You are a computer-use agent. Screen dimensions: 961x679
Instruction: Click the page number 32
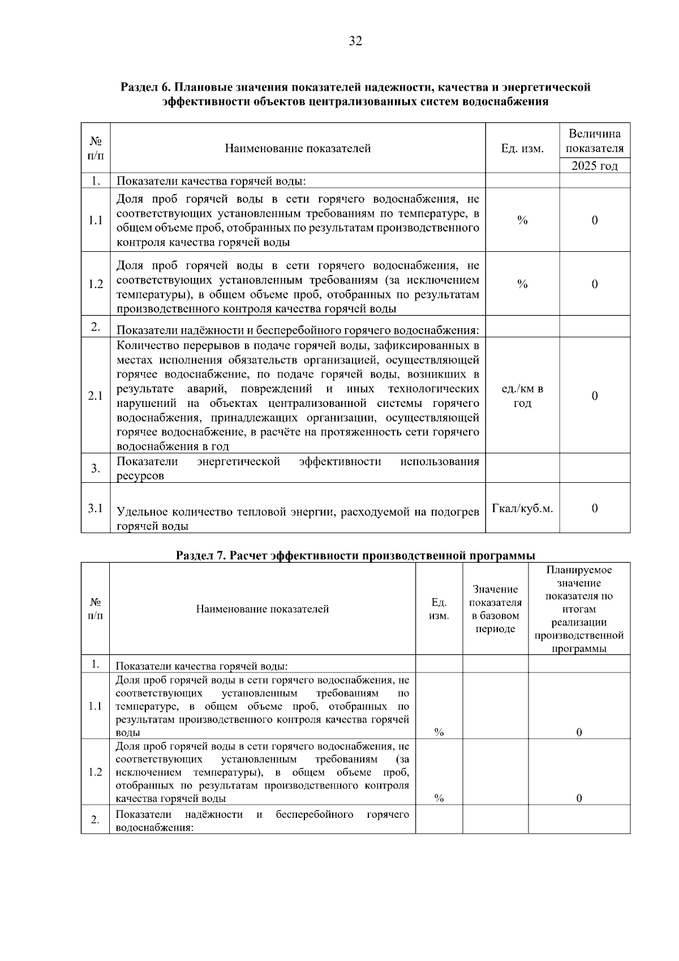[355, 41]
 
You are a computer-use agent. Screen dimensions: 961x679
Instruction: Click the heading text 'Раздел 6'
[145, 87]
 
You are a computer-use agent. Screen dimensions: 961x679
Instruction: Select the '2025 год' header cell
[594, 166]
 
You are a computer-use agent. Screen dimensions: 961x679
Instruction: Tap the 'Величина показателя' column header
[594, 141]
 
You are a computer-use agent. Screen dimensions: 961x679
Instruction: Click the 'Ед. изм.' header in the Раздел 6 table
[522, 148]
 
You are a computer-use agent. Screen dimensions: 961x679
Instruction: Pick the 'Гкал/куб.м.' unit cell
[522, 508]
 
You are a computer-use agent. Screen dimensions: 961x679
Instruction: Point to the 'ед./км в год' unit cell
[522, 396]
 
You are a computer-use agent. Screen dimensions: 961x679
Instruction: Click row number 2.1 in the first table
[96, 396]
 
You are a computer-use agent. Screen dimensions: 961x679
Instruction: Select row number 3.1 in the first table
[96, 508]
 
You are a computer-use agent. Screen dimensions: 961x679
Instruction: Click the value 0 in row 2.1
[594, 396]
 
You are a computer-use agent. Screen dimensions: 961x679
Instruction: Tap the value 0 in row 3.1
[594, 508]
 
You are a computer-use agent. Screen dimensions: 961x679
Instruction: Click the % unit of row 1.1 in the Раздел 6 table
[522, 221]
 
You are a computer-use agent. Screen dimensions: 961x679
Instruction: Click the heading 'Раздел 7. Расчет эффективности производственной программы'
[355, 555]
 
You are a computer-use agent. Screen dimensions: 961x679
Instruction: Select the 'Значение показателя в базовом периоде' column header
[495, 609]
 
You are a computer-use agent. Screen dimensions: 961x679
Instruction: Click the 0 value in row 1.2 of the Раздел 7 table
[579, 799]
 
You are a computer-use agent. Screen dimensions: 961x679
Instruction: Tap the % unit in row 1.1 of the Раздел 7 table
[439, 732]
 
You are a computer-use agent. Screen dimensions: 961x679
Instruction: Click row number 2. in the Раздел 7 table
[96, 820]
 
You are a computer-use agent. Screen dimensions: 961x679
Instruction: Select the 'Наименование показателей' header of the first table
[298, 148]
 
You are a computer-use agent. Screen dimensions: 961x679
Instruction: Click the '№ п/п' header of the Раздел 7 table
[96, 609]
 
